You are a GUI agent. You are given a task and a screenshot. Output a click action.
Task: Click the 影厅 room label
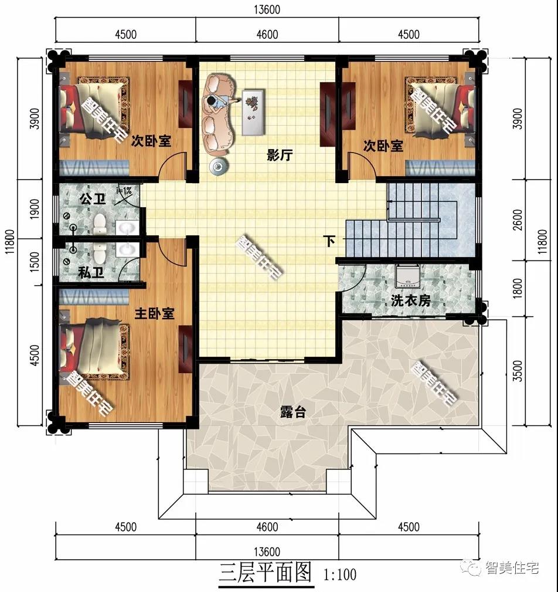tap(280, 155)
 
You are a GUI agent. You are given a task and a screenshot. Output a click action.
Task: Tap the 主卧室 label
tap(154, 313)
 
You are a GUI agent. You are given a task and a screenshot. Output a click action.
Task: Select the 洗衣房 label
tap(410, 301)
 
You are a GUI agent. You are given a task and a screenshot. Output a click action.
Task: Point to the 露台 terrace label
tap(292, 412)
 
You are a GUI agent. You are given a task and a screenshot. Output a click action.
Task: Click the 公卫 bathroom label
tap(93, 198)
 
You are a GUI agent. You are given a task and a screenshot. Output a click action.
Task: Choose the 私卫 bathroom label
tap(91, 272)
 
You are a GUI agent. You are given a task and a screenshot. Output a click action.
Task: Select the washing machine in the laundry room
tap(407, 276)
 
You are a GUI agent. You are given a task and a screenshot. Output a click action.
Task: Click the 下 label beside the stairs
tap(330, 241)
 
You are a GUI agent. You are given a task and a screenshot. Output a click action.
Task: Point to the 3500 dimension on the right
tap(518, 371)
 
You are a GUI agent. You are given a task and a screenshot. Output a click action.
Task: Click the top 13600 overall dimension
tap(267, 9)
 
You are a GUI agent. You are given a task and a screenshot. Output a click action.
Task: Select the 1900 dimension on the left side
tap(35, 209)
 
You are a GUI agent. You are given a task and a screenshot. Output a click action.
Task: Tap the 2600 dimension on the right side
tap(518, 220)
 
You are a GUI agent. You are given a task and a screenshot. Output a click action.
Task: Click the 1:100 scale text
tap(339, 574)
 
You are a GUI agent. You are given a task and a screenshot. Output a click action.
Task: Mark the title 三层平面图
tap(266, 573)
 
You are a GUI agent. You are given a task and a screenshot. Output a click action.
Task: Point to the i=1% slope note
tap(124, 191)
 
